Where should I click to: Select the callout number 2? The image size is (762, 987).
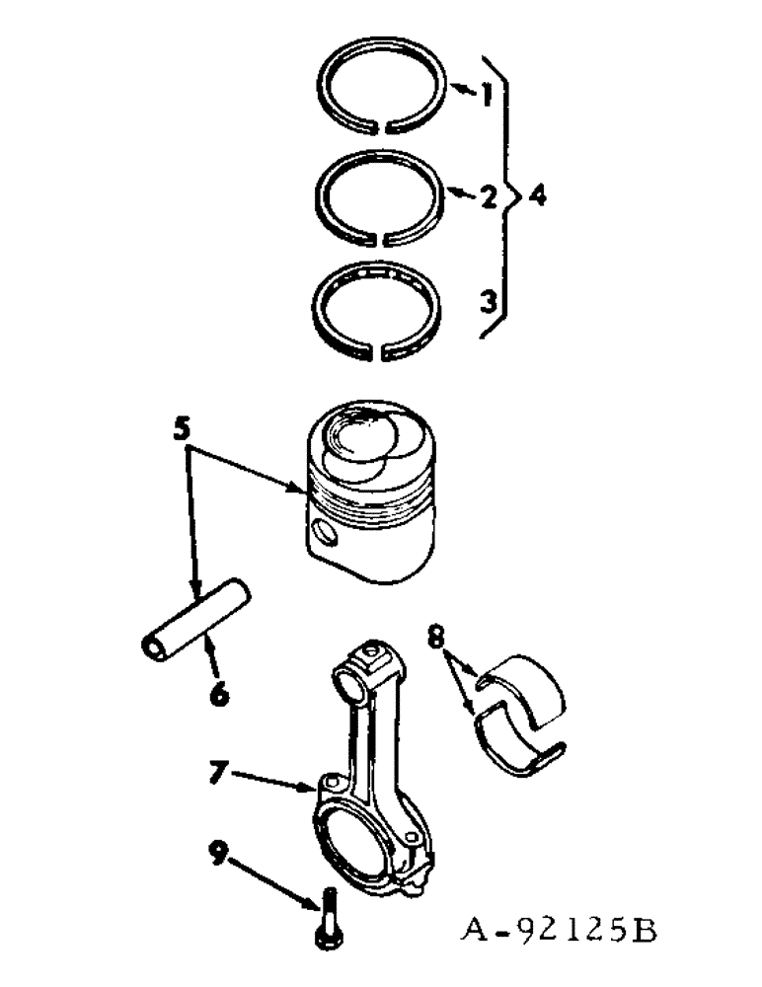[487, 197]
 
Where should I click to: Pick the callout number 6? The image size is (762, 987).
[218, 694]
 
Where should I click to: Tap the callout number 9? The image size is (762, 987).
[219, 850]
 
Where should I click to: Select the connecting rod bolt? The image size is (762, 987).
[328, 918]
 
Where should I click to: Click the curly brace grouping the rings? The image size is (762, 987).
[509, 197]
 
